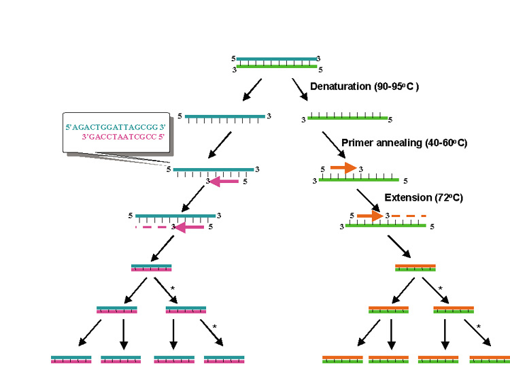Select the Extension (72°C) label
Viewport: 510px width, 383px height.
point(423,198)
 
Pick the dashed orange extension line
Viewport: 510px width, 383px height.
point(409,216)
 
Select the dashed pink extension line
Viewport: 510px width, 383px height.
point(153,227)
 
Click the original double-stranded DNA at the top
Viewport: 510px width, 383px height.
point(277,63)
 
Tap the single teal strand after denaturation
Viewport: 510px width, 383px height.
point(224,116)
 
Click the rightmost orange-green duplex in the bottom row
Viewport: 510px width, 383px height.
point(489,359)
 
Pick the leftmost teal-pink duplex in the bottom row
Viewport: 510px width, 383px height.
point(71,359)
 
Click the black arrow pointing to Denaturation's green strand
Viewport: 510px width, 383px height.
point(300,88)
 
